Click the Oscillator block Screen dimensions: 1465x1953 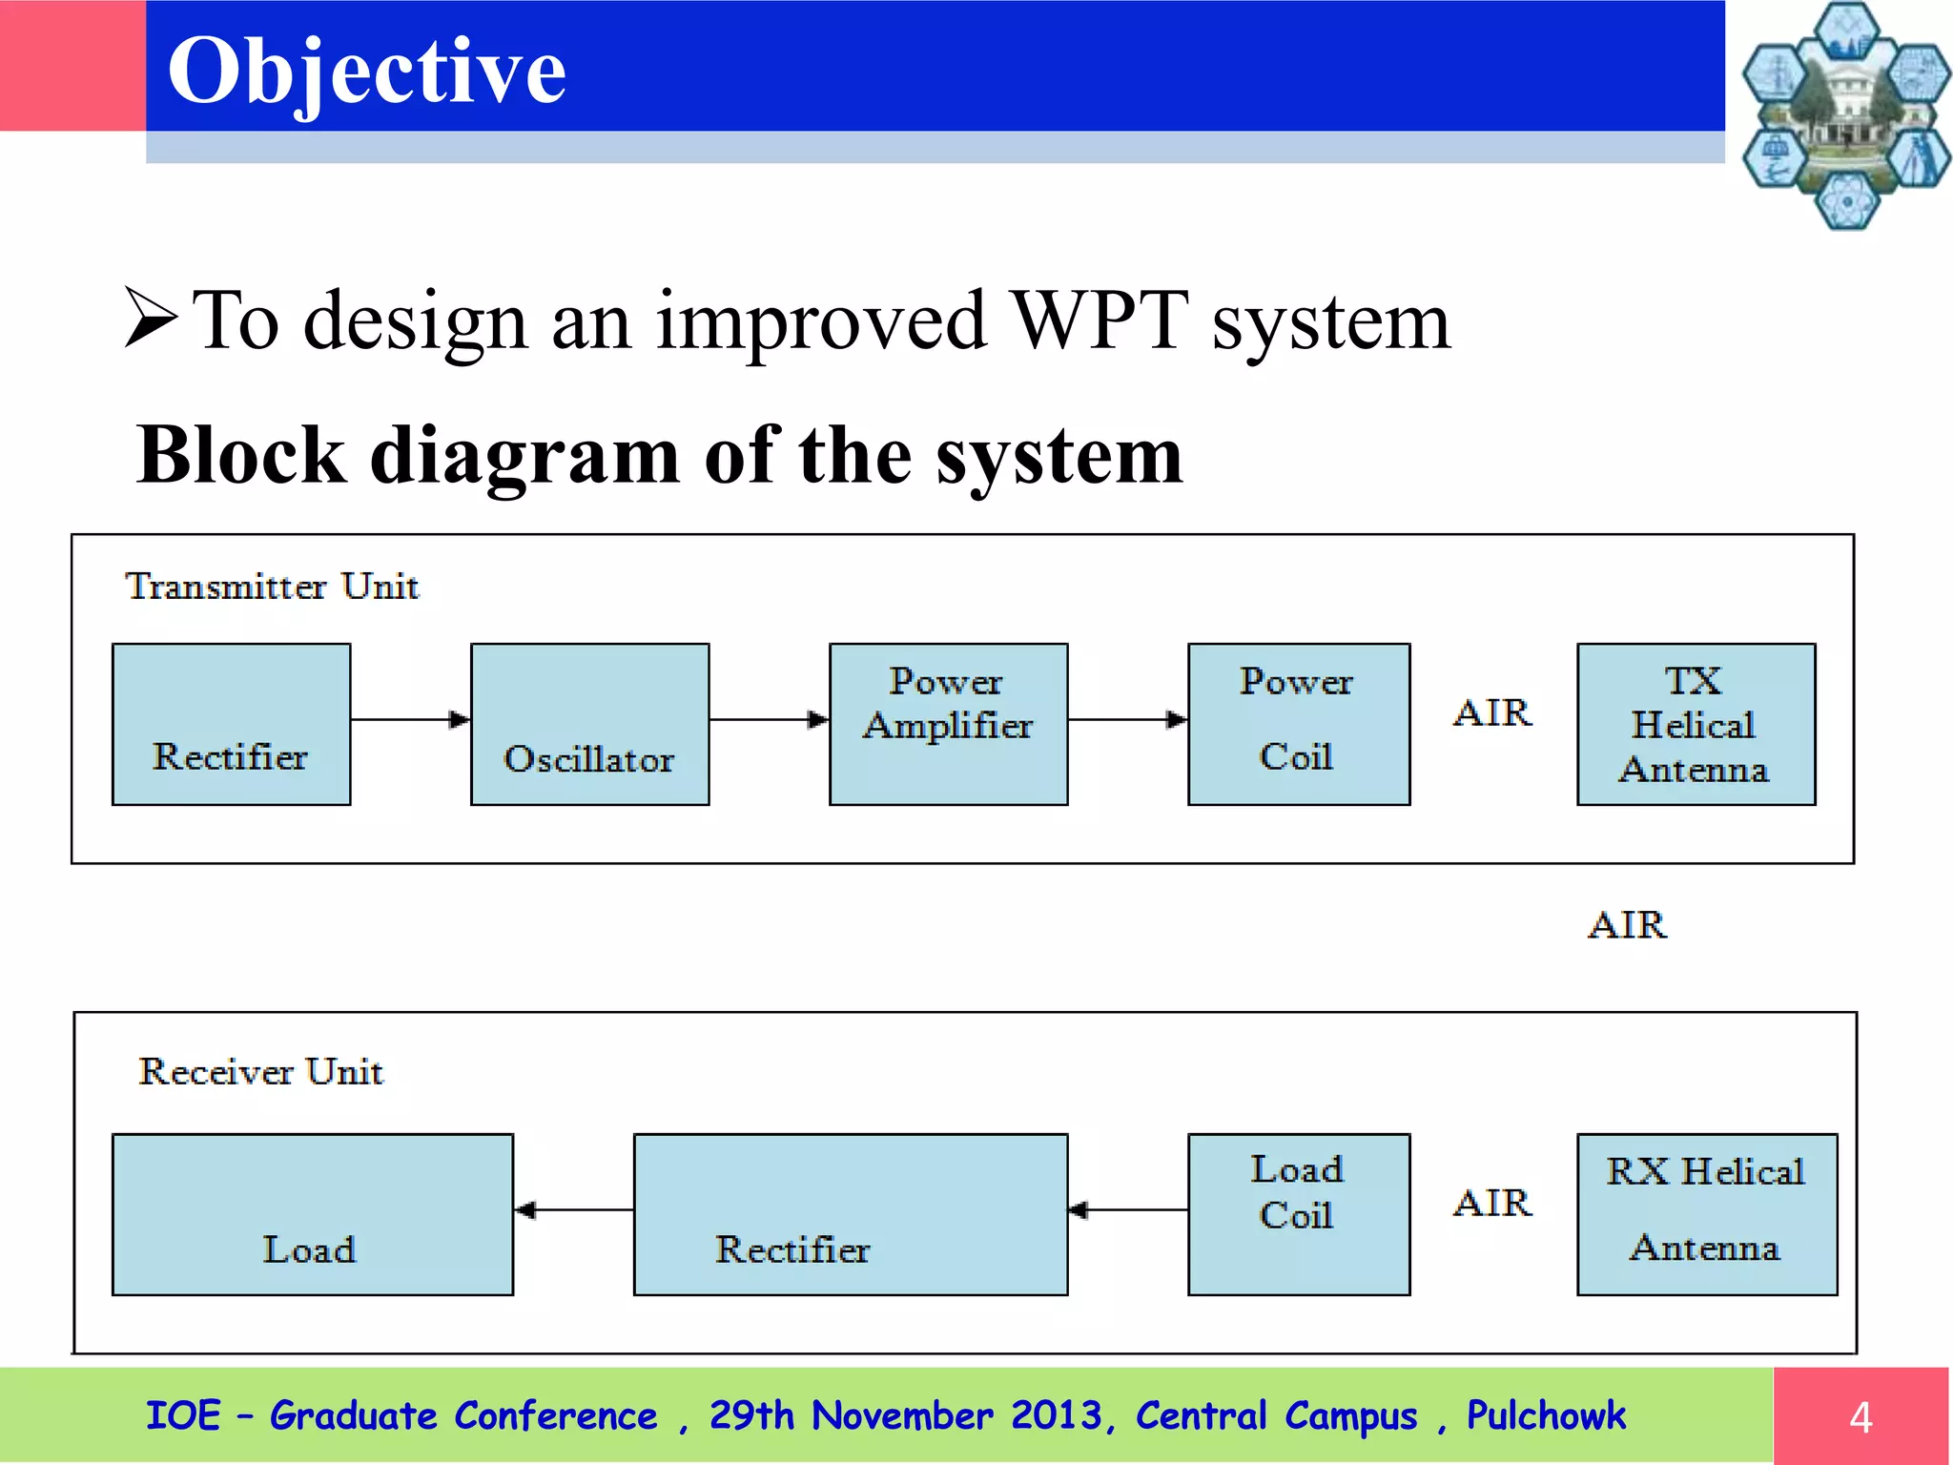(589, 724)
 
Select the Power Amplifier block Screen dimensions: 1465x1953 (948, 724)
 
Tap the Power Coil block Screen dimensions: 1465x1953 (1298, 724)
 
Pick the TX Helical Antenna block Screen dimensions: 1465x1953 (1696, 724)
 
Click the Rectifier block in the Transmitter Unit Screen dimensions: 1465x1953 (231, 724)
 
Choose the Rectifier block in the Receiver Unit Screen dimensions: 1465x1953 (850, 1214)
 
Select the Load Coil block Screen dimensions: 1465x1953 (1298, 1214)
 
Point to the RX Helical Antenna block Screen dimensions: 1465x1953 (1706, 1214)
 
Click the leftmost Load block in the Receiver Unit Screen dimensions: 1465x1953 (312, 1214)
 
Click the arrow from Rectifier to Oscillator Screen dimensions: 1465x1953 (410, 719)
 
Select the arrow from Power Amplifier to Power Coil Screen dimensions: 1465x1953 (1127, 719)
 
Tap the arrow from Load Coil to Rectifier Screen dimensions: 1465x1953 (1127, 1210)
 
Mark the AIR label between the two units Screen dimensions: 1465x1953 (1627, 925)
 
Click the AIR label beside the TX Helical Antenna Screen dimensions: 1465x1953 (1492, 713)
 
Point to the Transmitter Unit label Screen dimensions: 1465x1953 (272, 586)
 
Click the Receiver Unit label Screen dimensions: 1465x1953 (260, 1071)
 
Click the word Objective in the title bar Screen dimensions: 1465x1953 (366, 71)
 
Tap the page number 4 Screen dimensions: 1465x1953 (1860, 1417)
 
